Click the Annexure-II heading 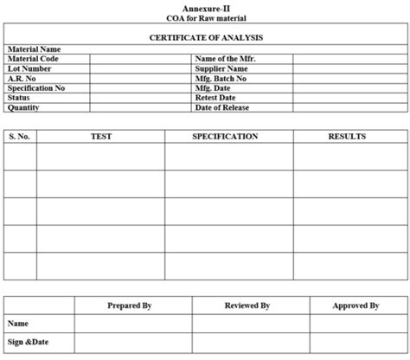coord(206,8)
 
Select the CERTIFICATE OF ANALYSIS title coord(206,38)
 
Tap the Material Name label coord(35,50)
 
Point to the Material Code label coord(33,59)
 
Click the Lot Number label coord(29,68)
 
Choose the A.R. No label coord(22,78)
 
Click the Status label coord(19,98)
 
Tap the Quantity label coord(23,107)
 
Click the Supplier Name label coord(222,68)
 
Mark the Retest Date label coord(215,98)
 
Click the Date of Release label coord(222,107)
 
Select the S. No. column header coord(20,137)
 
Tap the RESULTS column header coord(347,137)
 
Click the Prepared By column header coord(130,305)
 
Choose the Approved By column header coord(356,305)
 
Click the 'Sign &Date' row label coord(29,342)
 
